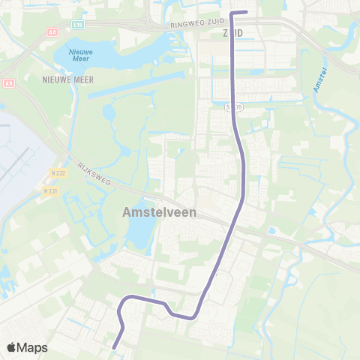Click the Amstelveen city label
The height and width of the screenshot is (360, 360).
click(159, 212)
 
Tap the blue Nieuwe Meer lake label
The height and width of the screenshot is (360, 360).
click(81, 54)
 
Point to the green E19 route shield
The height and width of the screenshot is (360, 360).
click(78, 25)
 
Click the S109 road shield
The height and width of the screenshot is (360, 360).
click(235, 108)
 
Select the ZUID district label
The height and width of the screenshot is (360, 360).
click(232, 34)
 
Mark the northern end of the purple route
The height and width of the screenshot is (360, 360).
click(247, 12)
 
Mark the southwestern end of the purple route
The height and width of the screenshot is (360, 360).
click(113, 347)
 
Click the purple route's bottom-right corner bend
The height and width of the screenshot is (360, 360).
click(194, 316)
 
